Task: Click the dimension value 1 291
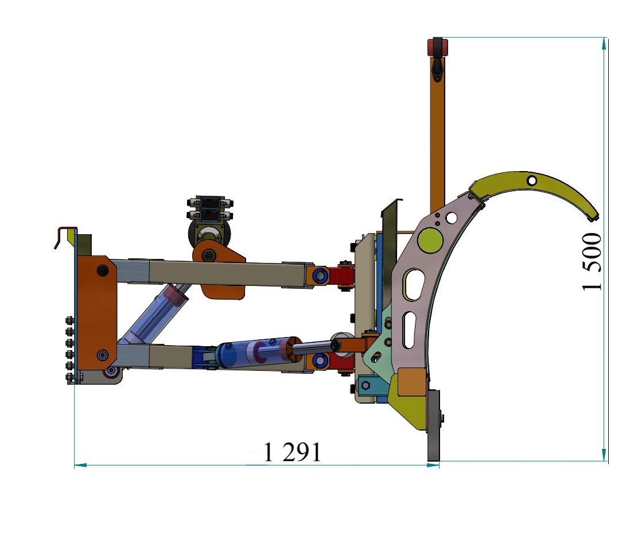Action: [x=293, y=452]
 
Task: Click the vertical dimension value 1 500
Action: [x=592, y=262]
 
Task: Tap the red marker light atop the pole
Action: [x=438, y=47]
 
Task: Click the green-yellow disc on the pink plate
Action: [x=430, y=240]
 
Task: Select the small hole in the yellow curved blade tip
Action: [x=532, y=180]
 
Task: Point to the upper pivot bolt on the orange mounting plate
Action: [x=103, y=271]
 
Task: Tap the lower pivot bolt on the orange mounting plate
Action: [x=103, y=355]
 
